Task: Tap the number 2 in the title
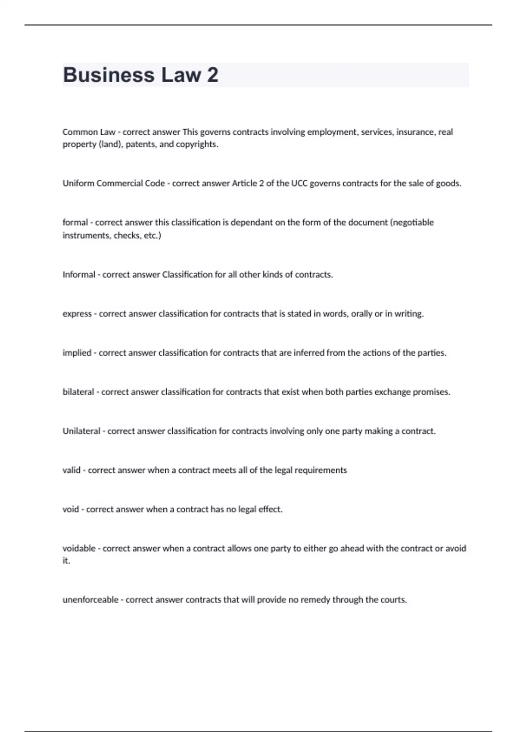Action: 212,75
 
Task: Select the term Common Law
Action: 89,132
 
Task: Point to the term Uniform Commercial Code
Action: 114,183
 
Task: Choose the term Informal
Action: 78,275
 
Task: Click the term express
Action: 77,314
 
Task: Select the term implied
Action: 77,353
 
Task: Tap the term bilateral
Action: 78,392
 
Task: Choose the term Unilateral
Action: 81,431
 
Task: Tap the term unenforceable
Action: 90,600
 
